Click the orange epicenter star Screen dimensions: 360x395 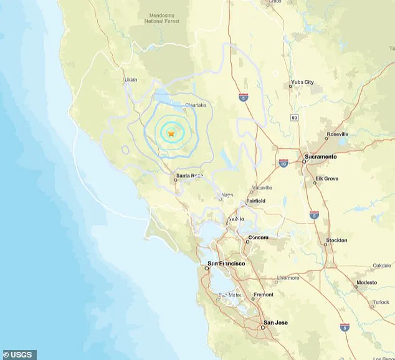coord(171,133)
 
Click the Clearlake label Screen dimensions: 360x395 coord(195,105)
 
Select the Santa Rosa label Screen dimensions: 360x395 coord(189,176)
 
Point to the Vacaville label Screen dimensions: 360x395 coord(260,187)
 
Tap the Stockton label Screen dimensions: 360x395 coord(336,240)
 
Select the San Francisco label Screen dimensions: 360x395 coord(226,263)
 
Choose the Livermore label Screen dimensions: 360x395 coord(288,278)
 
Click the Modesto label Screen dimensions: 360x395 coord(366,282)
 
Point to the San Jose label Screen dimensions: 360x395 coord(275,323)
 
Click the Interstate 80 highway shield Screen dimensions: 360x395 coord(283,163)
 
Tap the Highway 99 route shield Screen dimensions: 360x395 coord(294,117)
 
